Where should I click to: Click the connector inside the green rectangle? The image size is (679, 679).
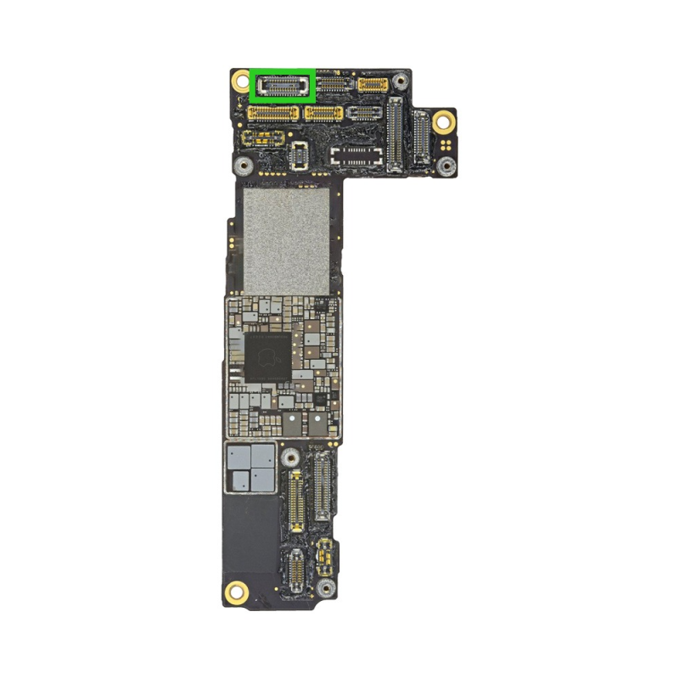tap(283, 85)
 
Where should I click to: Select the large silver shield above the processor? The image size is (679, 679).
tap(286, 240)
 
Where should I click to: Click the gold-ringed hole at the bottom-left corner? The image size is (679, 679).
tap(238, 589)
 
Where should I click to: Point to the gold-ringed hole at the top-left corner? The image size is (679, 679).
tap(239, 83)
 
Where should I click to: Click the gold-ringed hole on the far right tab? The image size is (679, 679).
tap(442, 121)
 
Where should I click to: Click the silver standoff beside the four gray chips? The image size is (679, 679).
tap(290, 457)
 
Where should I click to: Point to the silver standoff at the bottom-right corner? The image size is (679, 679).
tap(324, 587)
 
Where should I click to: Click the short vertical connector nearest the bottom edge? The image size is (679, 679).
tap(295, 570)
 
